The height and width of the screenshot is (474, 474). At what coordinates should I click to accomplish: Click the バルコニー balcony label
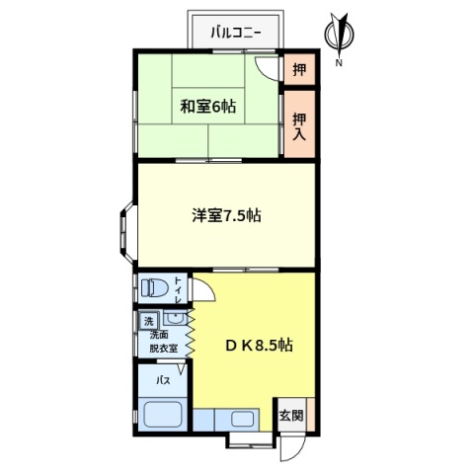[x=236, y=33]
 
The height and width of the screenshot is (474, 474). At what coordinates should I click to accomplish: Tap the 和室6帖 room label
[x=208, y=107]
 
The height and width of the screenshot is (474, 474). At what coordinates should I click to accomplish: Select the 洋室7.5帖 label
[x=227, y=215]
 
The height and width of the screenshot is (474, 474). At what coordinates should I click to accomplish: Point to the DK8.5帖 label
[x=259, y=346]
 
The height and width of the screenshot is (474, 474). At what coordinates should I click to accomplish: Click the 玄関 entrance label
[x=291, y=416]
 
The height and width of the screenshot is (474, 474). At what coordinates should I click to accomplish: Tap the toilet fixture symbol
[x=154, y=288]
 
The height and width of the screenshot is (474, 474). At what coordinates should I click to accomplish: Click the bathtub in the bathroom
[x=163, y=415]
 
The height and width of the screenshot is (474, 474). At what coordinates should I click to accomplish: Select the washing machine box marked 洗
[x=149, y=321]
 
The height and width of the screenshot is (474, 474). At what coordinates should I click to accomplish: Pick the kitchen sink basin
[x=242, y=419]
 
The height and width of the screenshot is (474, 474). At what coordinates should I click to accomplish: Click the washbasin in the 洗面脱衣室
[x=175, y=318]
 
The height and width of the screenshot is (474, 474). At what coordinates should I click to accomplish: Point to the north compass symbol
[x=339, y=35]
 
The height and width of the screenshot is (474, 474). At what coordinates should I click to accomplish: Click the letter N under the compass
[x=339, y=63]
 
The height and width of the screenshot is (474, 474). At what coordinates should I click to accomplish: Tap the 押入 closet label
[x=299, y=126]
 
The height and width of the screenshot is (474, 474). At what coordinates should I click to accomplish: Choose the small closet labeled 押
[x=299, y=69]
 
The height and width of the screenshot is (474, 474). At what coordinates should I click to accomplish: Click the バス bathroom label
[x=163, y=381]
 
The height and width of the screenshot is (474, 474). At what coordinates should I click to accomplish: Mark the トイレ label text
[x=178, y=290]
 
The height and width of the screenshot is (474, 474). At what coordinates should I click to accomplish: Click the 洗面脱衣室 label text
[x=164, y=342]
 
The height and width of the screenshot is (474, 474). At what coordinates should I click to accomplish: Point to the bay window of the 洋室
[x=126, y=232]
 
